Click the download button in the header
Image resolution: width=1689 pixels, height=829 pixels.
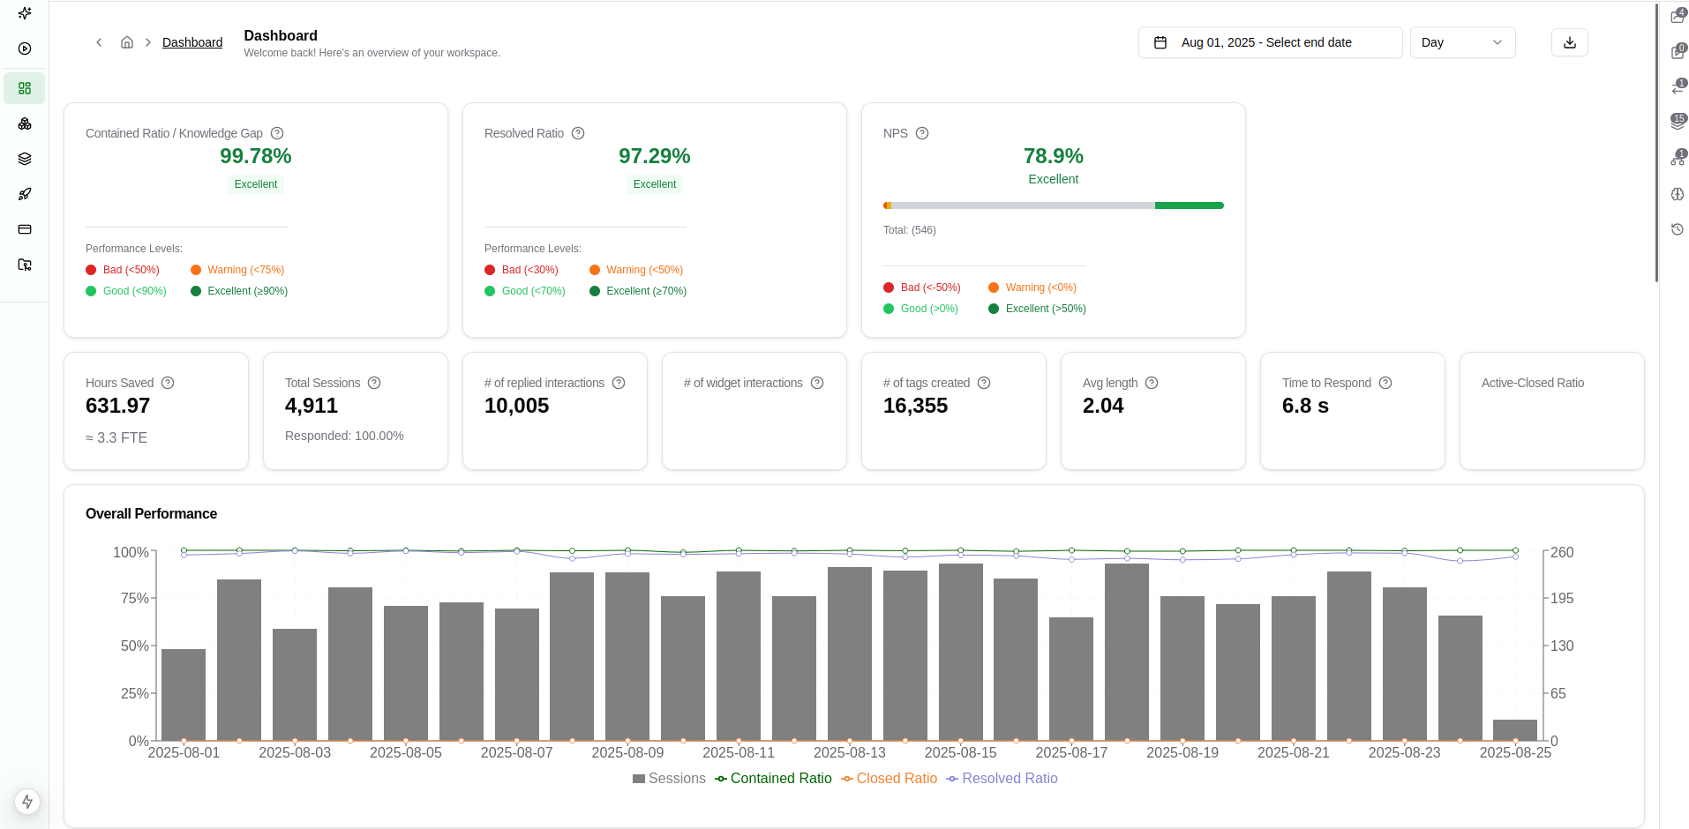pyautogui.click(x=1569, y=42)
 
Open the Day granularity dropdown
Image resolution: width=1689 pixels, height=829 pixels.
pyautogui.click(x=1461, y=42)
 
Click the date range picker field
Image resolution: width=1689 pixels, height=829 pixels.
pyautogui.click(x=1269, y=42)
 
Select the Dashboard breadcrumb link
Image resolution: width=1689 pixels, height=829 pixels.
pyautogui.click(x=191, y=42)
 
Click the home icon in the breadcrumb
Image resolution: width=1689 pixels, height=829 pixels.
pyautogui.click(x=127, y=42)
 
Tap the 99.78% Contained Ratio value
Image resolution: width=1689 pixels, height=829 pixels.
pyautogui.click(x=255, y=156)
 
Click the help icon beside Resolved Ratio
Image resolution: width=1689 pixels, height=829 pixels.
pyautogui.click(x=578, y=133)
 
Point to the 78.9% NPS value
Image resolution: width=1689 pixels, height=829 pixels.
pyautogui.click(x=1053, y=156)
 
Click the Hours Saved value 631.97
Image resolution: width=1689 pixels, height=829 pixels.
pyautogui.click(x=117, y=406)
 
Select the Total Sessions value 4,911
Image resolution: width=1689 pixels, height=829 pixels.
pyautogui.click(x=311, y=406)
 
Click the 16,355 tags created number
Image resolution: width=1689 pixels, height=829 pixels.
pyautogui.click(x=915, y=406)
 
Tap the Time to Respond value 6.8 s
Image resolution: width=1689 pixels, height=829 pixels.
pyautogui.click(x=1304, y=406)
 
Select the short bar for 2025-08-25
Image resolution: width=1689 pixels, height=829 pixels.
pyautogui.click(x=1514, y=730)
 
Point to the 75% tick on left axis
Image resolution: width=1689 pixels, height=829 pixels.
pyautogui.click(x=134, y=598)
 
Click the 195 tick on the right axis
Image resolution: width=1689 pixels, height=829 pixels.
pyautogui.click(x=1562, y=598)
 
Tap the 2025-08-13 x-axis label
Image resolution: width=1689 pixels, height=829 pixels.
pyautogui.click(x=849, y=753)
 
